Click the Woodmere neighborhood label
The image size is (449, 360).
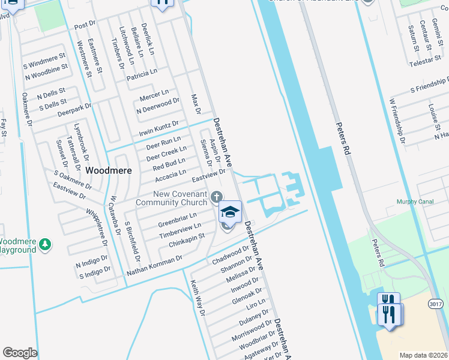tap(109, 170)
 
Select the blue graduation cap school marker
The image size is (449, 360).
tap(229, 211)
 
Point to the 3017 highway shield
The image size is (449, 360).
tap(436, 304)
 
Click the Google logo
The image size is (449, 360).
tap(20, 353)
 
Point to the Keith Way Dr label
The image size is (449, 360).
tap(198, 298)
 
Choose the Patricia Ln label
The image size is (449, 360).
tap(142, 74)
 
